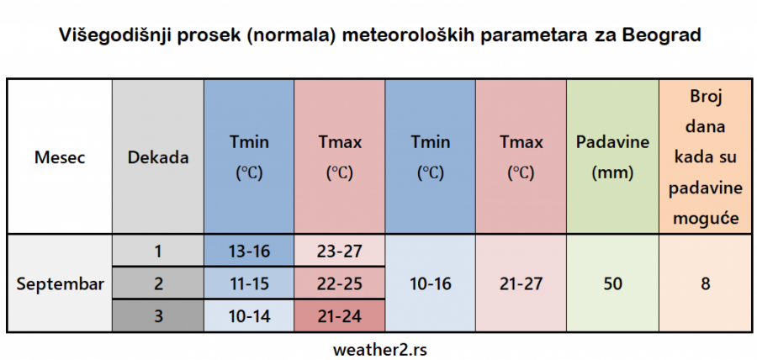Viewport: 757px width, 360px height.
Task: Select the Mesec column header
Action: pyautogui.click(x=59, y=156)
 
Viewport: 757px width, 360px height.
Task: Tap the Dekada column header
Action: pyautogui.click(x=158, y=156)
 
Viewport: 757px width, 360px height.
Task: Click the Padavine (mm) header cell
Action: pyautogui.click(x=612, y=156)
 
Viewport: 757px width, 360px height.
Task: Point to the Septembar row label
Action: pyautogui.click(x=60, y=283)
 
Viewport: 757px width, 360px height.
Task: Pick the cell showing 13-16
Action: pyautogui.click(x=248, y=250)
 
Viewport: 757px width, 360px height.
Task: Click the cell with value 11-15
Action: pyautogui.click(x=248, y=283)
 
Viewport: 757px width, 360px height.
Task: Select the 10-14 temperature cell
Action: pyautogui.click(x=248, y=316)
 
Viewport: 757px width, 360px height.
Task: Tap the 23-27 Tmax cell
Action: pyautogui.click(x=339, y=250)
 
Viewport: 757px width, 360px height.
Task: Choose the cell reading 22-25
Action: pyautogui.click(x=339, y=283)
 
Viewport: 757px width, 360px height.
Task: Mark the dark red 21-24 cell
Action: pyautogui.click(x=339, y=316)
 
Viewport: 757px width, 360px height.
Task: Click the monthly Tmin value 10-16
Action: pyautogui.click(x=430, y=283)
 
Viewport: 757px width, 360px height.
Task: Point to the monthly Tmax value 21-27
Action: pyautogui.click(x=521, y=283)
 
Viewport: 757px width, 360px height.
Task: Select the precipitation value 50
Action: pyautogui.click(x=612, y=283)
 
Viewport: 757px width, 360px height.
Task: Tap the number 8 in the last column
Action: pyautogui.click(x=705, y=283)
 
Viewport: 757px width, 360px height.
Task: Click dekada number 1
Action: pyautogui.click(x=158, y=250)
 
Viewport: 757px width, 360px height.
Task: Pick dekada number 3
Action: pyautogui.click(x=158, y=316)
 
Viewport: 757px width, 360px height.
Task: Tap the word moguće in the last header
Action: pyautogui.click(x=705, y=219)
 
